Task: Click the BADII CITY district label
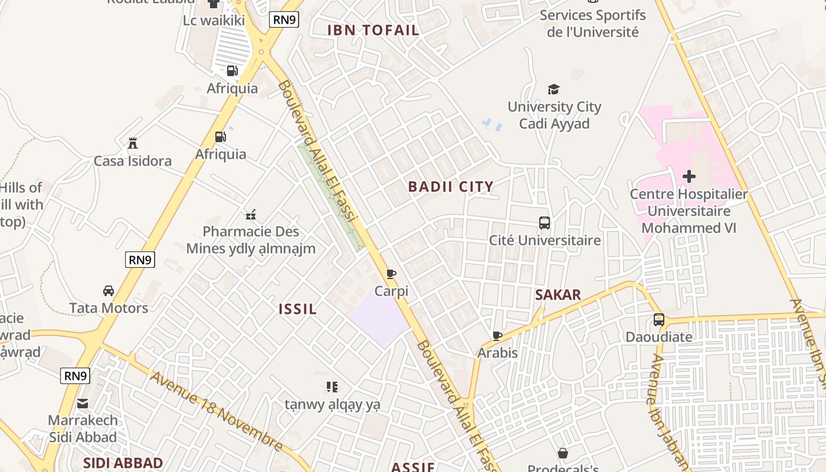click(451, 187)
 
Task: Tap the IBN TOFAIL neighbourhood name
click(373, 30)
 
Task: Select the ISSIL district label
click(297, 309)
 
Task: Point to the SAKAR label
click(558, 294)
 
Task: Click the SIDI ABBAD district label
click(123, 463)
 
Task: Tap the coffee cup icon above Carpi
click(391, 274)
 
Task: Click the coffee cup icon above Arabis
click(497, 336)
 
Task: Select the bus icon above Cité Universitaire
click(545, 223)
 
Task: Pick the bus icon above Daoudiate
click(659, 320)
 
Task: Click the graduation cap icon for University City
click(553, 89)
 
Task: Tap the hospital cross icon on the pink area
click(689, 176)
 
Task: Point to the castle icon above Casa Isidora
click(133, 143)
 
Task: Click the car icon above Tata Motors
click(109, 290)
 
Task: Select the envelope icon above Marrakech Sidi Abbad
click(83, 404)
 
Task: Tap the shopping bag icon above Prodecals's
click(563, 453)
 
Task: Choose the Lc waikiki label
click(214, 21)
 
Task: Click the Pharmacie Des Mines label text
click(251, 231)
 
